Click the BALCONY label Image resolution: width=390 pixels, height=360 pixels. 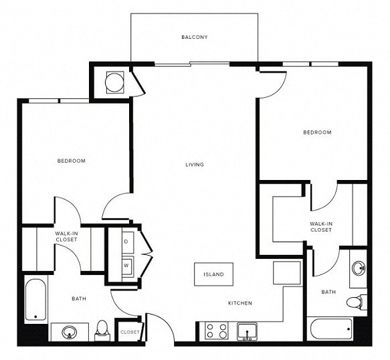click(x=194, y=37)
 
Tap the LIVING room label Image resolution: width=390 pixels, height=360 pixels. click(x=195, y=165)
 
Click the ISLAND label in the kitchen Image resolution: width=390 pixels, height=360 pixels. click(x=213, y=274)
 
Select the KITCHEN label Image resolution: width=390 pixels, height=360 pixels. click(x=240, y=303)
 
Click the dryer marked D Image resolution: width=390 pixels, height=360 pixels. click(x=128, y=242)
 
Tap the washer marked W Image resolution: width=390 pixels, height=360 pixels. click(x=128, y=266)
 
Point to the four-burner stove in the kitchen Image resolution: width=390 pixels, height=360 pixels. click(x=217, y=331)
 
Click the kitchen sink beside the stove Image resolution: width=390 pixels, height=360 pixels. click(x=247, y=331)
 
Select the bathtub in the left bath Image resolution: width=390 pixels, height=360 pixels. click(x=35, y=300)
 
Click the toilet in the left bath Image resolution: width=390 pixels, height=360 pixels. click(x=102, y=331)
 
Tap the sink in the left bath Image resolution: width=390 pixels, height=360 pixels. click(x=70, y=332)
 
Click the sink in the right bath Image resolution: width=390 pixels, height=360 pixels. click(x=359, y=268)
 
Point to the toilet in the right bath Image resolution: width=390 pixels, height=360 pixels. click(x=357, y=302)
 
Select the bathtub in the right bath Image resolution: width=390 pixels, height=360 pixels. click(x=331, y=329)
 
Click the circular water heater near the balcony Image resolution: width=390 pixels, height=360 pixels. click(x=114, y=82)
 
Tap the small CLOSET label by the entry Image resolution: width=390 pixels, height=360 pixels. click(x=130, y=332)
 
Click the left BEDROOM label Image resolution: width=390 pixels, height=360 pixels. click(x=72, y=161)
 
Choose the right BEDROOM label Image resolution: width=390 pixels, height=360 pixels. click(x=317, y=132)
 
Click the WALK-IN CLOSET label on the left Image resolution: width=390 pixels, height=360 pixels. click(x=66, y=237)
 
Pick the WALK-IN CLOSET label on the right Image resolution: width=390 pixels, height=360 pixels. click(x=321, y=227)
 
